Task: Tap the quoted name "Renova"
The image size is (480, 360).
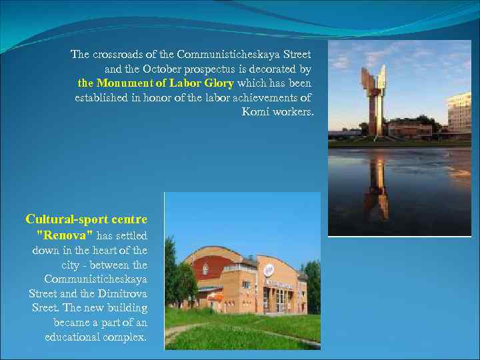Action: (x=64, y=235)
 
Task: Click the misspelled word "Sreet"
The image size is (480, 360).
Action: (x=46, y=308)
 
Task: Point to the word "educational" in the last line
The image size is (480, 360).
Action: (x=72, y=337)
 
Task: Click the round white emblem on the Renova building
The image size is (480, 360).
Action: (x=268, y=270)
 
